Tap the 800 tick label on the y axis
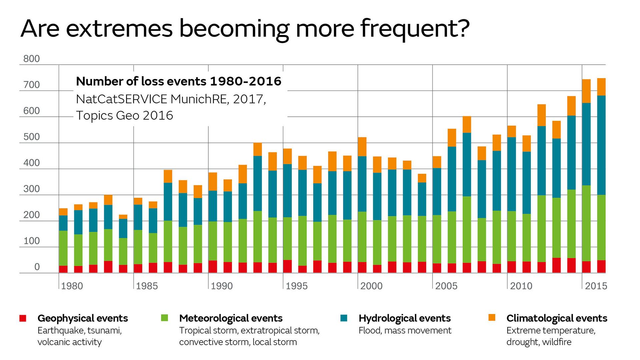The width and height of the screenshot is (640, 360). pyautogui.click(x=31, y=59)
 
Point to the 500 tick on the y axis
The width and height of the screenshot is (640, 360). pyautogui.click(x=31, y=137)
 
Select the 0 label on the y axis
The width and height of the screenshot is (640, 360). pyautogui.click(x=37, y=267)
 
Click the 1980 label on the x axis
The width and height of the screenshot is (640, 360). pyautogui.click(x=72, y=286)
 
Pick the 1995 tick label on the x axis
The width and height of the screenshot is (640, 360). pyautogui.click(x=297, y=286)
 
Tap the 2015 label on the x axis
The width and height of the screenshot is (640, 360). pyautogui.click(x=596, y=286)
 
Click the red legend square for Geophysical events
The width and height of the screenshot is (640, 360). pyautogui.click(x=23, y=318)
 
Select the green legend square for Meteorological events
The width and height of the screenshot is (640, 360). pyautogui.click(x=164, y=318)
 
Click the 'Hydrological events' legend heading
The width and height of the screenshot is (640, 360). pyautogui.click(x=404, y=318)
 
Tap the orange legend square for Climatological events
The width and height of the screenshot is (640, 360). pyautogui.click(x=492, y=317)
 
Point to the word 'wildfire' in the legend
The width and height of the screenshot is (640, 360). pyautogui.click(x=556, y=342)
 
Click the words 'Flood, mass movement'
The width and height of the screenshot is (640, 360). pyautogui.click(x=405, y=331)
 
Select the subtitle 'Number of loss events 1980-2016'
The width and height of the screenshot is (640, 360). pyautogui.click(x=179, y=81)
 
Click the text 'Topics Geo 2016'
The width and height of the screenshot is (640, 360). pyautogui.click(x=124, y=116)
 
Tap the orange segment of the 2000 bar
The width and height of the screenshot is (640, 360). pyautogui.click(x=362, y=147)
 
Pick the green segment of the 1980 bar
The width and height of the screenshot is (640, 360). pyautogui.click(x=63, y=248)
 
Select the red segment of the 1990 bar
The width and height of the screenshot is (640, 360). pyautogui.click(x=213, y=267)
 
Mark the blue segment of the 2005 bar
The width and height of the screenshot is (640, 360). pyautogui.click(x=437, y=192)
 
